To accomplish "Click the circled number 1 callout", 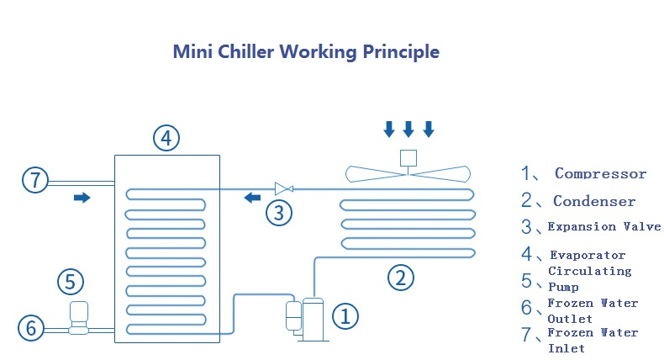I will pyautogui.click(x=345, y=316).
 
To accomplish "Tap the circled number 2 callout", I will pyautogui.click(x=401, y=276).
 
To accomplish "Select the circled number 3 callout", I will pyautogui.click(x=279, y=212).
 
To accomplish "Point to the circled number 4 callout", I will pyautogui.click(x=166, y=138).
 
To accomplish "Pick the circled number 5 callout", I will pyautogui.click(x=71, y=281).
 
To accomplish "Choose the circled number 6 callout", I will pyautogui.click(x=31, y=328).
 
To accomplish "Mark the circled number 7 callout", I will pyautogui.click(x=34, y=179).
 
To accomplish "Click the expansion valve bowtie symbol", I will pyautogui.click(x=282, y=188).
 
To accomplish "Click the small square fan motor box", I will pyautogui.click(x=408, y=157).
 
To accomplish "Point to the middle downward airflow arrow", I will pyautogui.click(x=408, y=129).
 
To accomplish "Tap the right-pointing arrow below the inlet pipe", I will pyautogui.click(x=82, y=198).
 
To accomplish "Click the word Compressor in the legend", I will pyautogui.click(x=600, y=174).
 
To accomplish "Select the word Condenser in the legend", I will pyautogui.click(x=593, y=201).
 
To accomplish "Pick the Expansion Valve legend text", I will pyautogui.click(x=603, y=227).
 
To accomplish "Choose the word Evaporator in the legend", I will pyautogui.click(x=588, y=255).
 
